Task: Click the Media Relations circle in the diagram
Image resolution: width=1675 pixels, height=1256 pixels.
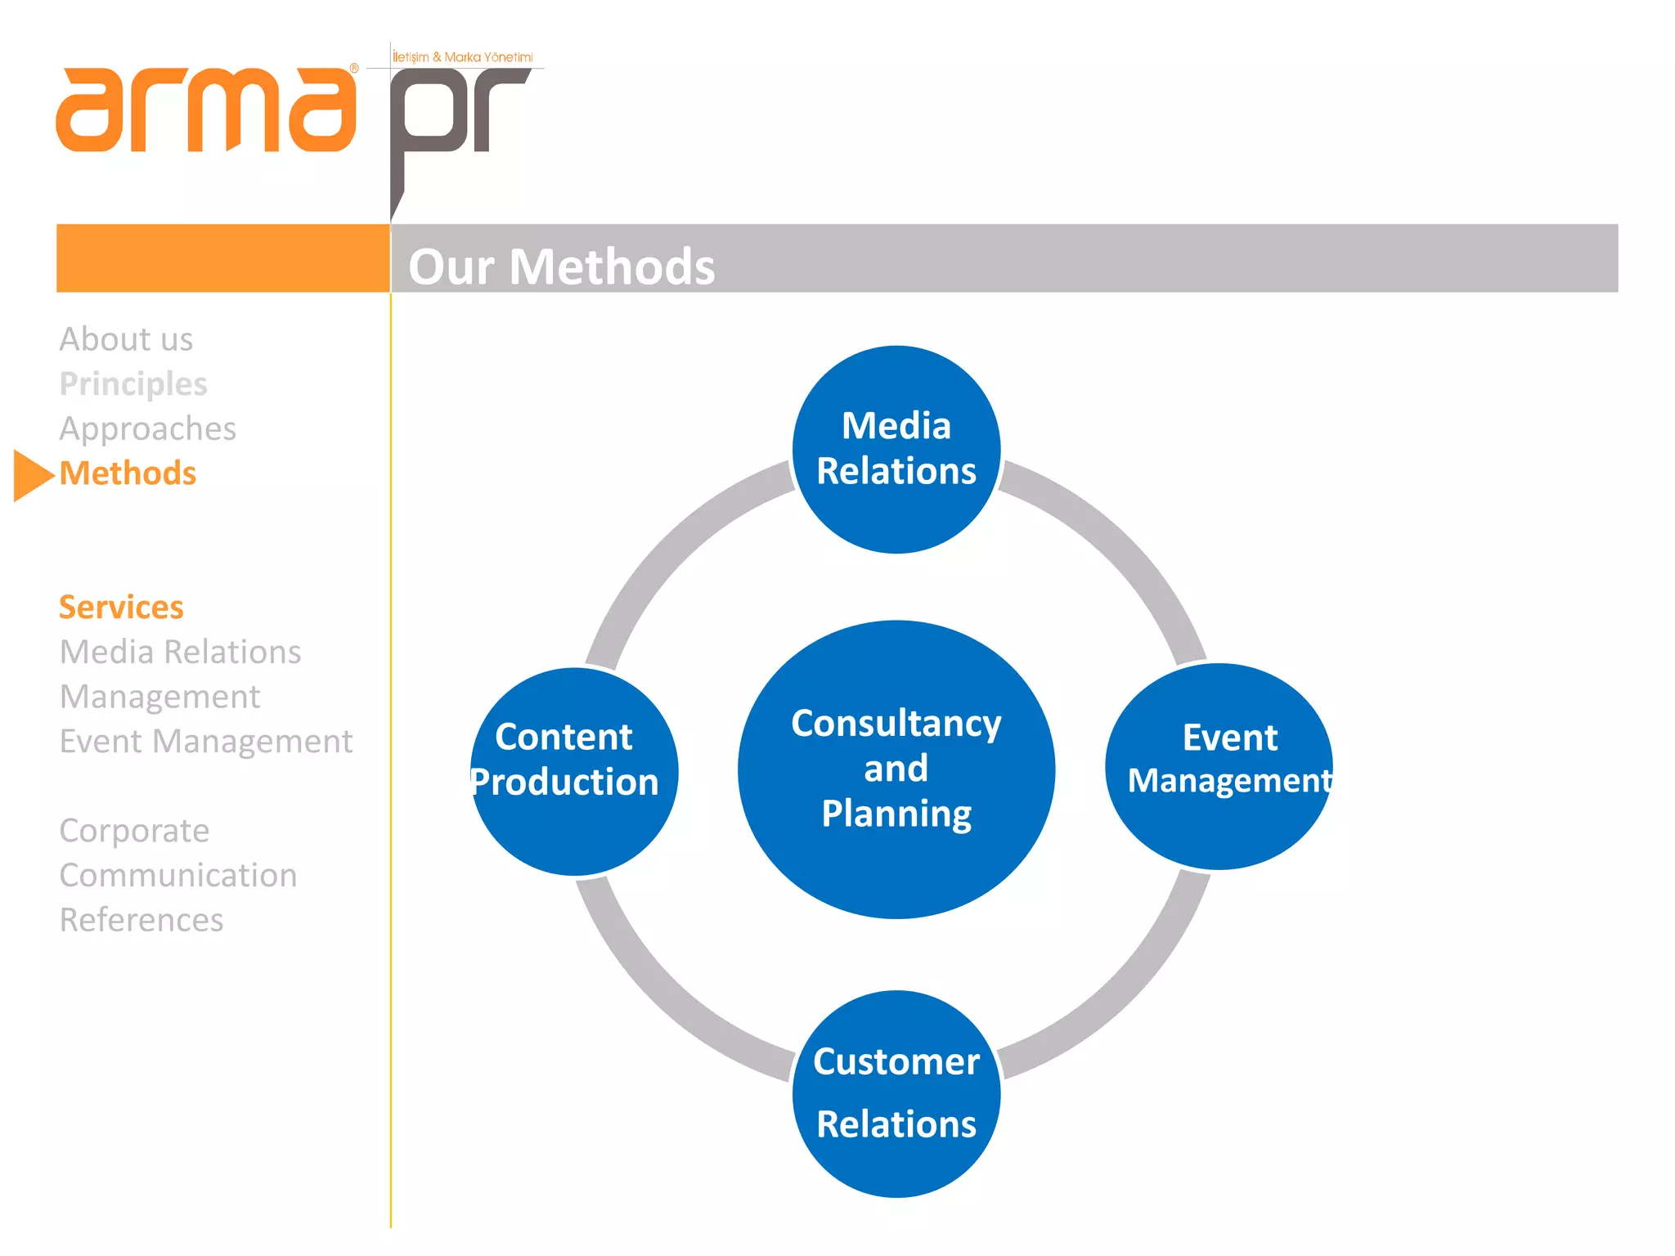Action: point(896,449)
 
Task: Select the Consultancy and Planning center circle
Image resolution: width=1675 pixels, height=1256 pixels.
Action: point(896,769)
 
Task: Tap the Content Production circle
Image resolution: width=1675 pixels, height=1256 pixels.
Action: point(573,770)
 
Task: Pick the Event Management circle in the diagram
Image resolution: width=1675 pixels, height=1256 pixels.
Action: point(1219,765)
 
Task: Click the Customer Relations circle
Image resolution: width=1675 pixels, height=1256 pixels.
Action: point(896,1093)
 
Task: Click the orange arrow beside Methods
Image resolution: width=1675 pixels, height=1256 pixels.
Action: point(31,474)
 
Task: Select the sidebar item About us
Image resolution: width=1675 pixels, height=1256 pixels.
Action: point(126,339)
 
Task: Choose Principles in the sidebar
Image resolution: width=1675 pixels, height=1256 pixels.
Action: point(133,384)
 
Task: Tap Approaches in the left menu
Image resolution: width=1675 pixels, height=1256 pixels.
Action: point(147,428)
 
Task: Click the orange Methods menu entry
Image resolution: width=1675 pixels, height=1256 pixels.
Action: point(128,473)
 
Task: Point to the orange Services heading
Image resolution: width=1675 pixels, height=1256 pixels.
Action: point(121,608)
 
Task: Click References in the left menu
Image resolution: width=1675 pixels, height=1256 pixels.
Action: point(141,920)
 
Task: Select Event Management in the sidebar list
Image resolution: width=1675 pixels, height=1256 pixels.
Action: point(206,742)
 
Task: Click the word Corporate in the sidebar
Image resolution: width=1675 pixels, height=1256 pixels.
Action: point(134,831)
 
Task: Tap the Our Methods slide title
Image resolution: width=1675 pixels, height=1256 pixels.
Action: point(561,267)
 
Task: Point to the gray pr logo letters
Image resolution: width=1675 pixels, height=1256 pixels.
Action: point(458,114)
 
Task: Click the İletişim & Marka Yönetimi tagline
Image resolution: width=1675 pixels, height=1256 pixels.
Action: point(463,57)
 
